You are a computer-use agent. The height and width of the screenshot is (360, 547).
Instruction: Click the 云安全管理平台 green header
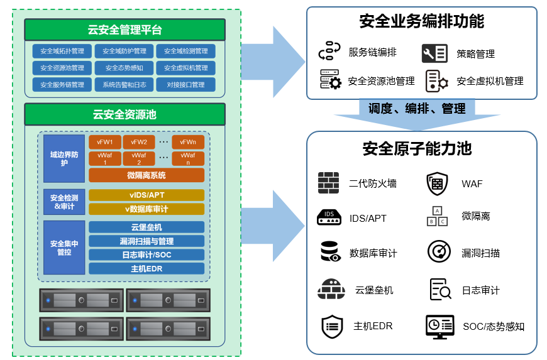coord(124,30)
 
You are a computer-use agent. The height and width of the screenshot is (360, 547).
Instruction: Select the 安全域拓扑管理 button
coord(62,51)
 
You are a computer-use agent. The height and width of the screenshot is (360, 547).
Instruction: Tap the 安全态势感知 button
coord(124,68)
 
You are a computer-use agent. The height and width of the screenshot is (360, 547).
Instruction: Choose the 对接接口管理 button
coord(185,85)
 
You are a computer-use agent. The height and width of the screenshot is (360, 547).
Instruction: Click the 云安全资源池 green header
coord(124,114)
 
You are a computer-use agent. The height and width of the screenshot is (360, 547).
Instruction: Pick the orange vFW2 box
coord(138,142)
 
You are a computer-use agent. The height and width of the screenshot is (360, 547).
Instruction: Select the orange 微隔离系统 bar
coord(146,175)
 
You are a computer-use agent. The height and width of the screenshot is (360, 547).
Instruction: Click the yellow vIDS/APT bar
coord(146,195)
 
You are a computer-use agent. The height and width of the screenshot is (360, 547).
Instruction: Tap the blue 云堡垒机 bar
coord(146,227)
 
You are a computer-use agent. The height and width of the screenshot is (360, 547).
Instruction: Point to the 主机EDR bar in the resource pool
coord(146,269)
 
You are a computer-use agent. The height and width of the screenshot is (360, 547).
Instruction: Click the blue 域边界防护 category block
coord(64,158)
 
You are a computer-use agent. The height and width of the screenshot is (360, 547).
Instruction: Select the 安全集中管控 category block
coord(64,248)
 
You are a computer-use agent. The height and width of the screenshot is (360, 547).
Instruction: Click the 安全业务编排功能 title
coord(421,21)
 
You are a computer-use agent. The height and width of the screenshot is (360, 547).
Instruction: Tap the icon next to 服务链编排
coord(329,51)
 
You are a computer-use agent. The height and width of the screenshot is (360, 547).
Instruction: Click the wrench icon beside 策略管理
coord(434,53)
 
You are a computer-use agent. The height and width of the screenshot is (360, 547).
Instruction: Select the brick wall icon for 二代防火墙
coord(328,183)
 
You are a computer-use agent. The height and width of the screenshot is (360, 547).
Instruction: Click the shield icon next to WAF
coord(437,183)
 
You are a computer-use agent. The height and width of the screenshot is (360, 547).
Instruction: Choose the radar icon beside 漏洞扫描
coord(439,252)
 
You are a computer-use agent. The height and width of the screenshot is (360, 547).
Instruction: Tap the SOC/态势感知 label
coord(494,327)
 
